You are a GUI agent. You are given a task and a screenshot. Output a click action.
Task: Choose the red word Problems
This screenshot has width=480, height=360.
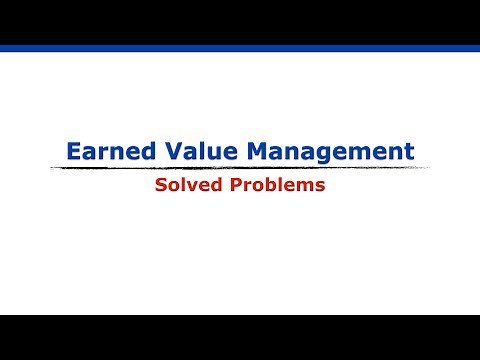[x=281, y=186]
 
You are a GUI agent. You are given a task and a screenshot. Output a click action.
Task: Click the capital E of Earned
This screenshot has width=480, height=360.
[x=73, y=152]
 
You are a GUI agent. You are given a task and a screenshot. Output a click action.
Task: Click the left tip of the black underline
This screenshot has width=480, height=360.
[x=51, y=169]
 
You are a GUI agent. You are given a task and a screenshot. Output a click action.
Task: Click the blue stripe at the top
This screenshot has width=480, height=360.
[x=240, y=48]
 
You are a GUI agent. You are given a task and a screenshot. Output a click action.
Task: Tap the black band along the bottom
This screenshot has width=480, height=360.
[x=240, y=337]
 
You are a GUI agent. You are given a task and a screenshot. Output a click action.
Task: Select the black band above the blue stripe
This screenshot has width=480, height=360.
[x=240, y=21]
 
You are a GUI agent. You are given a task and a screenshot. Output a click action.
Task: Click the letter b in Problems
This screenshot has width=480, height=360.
[x=277, y=186]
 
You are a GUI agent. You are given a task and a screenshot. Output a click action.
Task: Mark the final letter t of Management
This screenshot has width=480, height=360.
[x=409, y=152]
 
